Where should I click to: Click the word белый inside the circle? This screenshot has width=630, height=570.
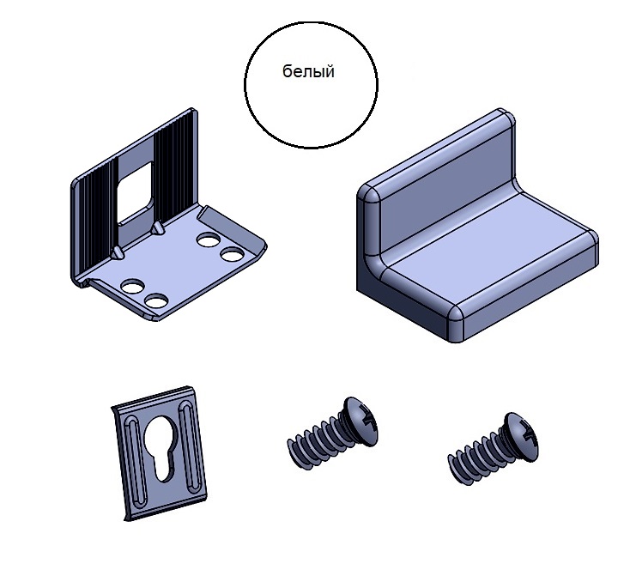tap(308, 71)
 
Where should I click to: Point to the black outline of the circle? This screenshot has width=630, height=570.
tap(245, 85)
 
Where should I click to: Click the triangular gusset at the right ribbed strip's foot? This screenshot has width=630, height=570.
tap(157, 228)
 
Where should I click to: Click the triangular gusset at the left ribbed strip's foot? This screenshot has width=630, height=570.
tap(117, 253)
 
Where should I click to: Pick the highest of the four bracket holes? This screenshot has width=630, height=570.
tap(208, 240)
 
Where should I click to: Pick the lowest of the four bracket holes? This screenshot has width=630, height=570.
tap(156, 301)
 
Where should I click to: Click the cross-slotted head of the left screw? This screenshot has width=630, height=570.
tap(361, 421)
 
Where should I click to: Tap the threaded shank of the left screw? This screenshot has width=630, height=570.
tap(316, 442)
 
